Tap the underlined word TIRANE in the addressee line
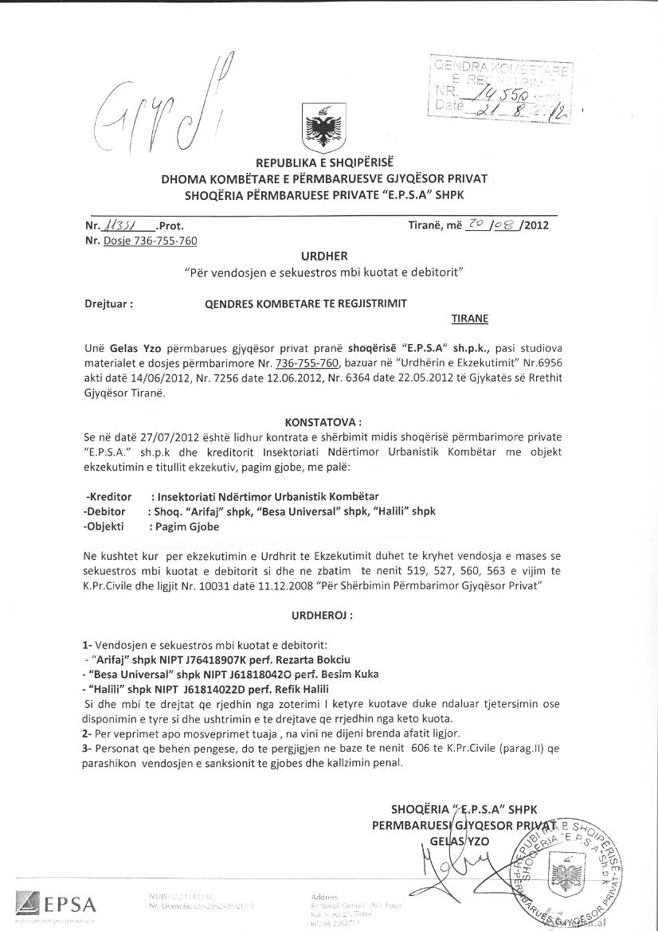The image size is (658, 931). tap(470, 319)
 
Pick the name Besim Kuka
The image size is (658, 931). tap(327, 674)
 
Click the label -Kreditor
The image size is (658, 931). tap(108, 496)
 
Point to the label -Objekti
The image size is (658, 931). tap(107, 526)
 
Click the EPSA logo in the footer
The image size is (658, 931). tap(56, 904)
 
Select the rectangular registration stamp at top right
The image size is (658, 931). tap(500, 88)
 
